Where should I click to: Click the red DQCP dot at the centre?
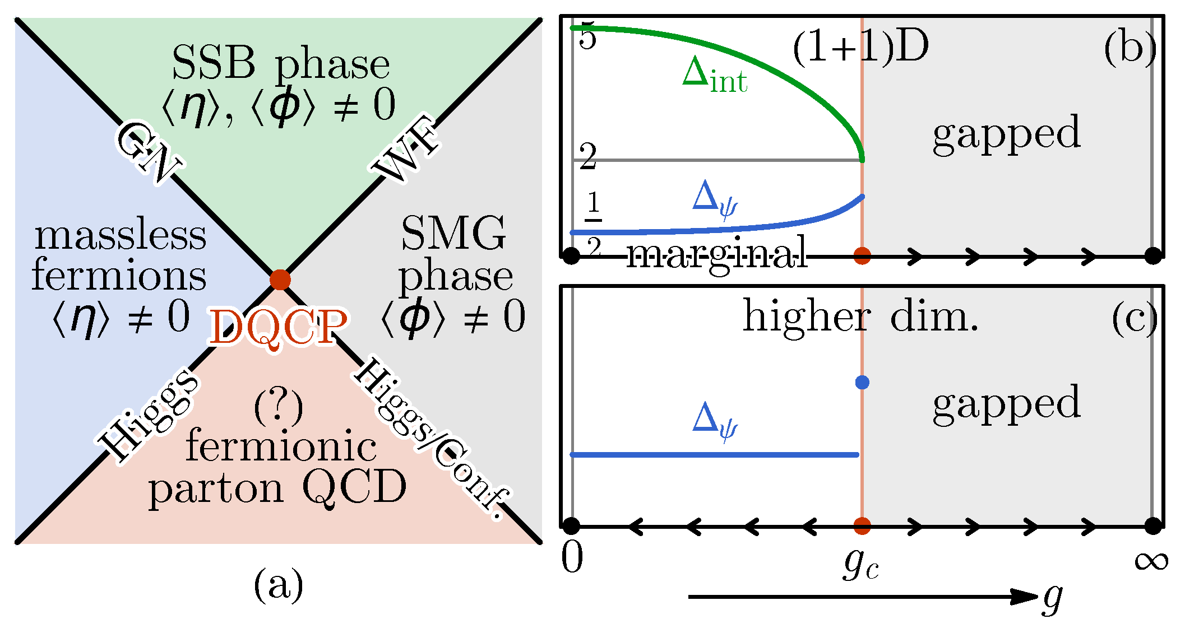pos(280,279)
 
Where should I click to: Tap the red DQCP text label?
pos(278,328)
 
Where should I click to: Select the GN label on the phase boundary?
pos(149,152)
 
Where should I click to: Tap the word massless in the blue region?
pos(121,235)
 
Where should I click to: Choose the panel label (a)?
pos(278,585)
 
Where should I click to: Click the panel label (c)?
pos(1134,319)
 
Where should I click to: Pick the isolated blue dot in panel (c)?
pos(862,383)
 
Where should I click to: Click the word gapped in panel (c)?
pos(1007,403)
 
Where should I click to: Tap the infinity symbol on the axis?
pos(1151,560)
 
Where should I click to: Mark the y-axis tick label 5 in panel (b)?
pos(587,38)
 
